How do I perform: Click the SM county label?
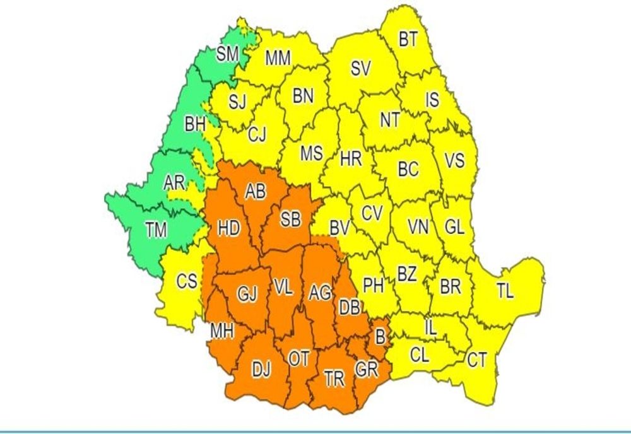tap(227, 54)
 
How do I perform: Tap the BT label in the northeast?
tap(408, 39)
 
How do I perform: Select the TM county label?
tap(156, 230)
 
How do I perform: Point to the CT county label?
tap(477, 360)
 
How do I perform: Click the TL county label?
tap(505, 291)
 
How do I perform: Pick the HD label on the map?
tap(228, 227)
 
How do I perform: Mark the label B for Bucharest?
tap(379, 336)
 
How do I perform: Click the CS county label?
tap(186, 281)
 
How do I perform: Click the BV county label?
tap(339, 227)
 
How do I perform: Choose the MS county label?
tap(311, 153)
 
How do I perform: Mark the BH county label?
tap(196, 125)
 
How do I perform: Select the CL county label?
tap(420, 355)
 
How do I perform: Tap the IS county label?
tap(432, 100)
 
